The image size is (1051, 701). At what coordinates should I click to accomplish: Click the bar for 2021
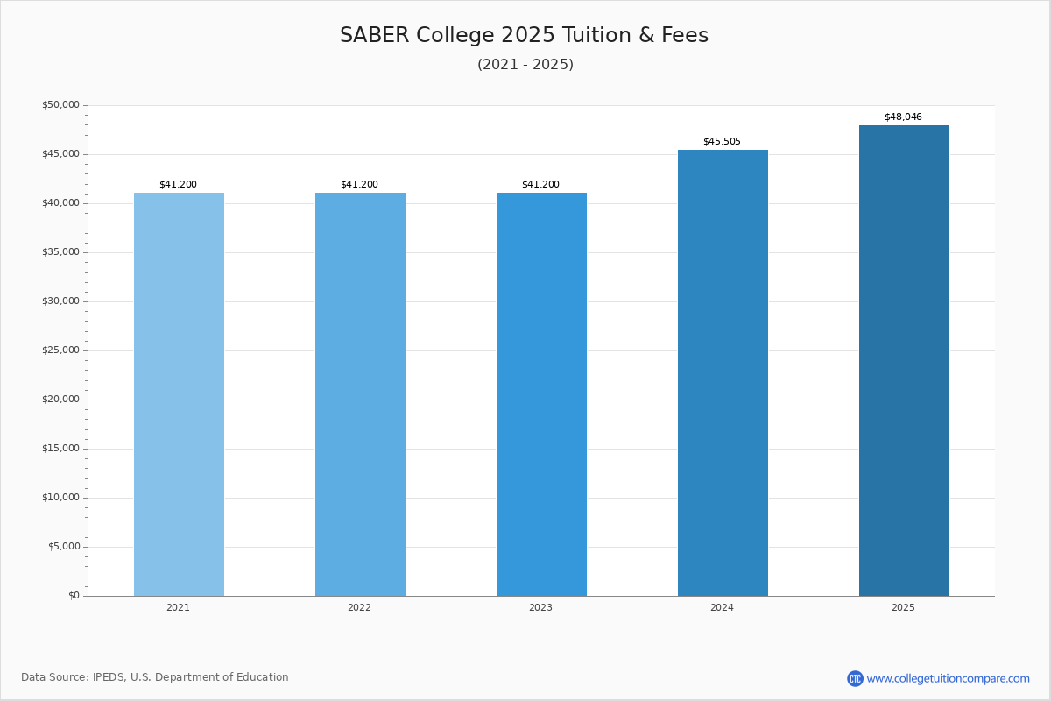[x=179, y=394]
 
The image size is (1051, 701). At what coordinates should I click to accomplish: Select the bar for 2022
[x=360, y=394]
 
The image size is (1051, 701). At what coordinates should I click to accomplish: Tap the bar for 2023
[x=541, y=394]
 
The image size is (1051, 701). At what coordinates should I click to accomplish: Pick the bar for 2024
[x=723, y=372]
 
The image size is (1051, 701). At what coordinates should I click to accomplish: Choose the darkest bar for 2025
[x=904, y=360]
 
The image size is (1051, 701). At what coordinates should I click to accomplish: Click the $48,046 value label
[x=903, y=117]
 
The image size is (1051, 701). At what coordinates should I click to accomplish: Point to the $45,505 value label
[x=722, y=142]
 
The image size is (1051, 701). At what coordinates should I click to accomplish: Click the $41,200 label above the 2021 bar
[x=178, y=185]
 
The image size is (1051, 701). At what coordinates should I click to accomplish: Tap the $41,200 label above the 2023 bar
[x=540, y=185]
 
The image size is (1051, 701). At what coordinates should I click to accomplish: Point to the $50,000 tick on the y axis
[x=60, y=105]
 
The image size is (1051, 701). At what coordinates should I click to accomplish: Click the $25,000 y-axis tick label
[x=60, y=350]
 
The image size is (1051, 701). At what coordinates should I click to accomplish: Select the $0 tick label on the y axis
[x=74, y=596]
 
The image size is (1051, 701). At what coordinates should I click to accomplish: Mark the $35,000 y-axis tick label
[x=60, y=252]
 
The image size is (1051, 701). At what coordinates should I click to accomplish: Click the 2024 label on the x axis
[x=722, y=608]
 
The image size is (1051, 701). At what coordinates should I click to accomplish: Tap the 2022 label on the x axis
[x=359, y=608]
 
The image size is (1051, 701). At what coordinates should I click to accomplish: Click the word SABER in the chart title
[x=374, y=36]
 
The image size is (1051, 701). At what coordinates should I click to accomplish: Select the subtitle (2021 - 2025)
[x=525, y=65]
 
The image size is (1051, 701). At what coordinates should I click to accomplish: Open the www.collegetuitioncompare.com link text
[x=948, y=678]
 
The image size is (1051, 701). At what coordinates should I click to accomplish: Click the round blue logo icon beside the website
[x=855, y=678]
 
